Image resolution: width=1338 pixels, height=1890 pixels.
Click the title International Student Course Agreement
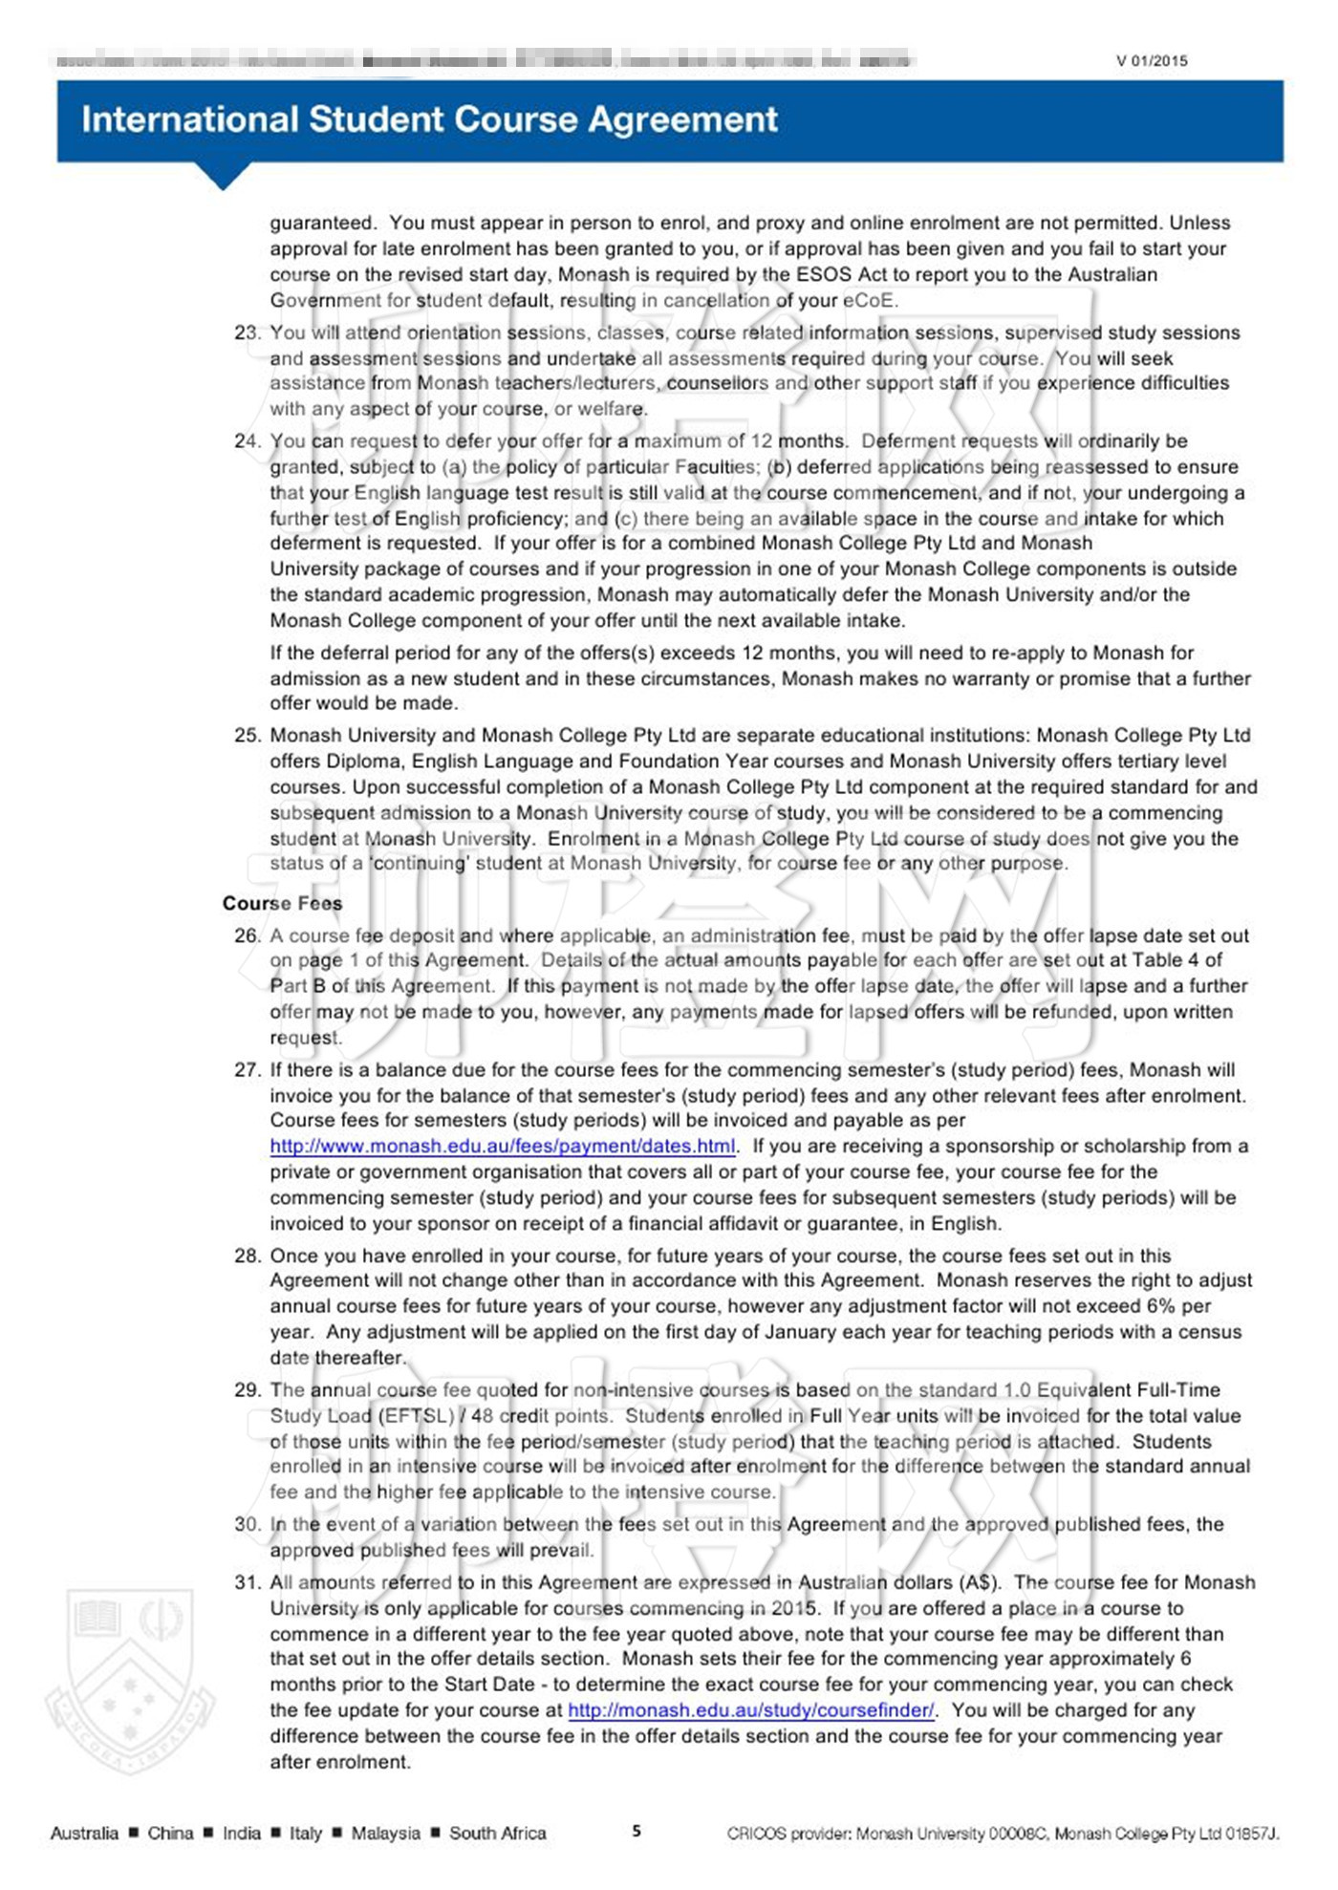point(429,119)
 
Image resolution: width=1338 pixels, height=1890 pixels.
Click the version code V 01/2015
point(1152,61)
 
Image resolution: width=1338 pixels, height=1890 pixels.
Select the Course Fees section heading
point(282,903)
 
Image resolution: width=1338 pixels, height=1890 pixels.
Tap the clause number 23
point(247,333)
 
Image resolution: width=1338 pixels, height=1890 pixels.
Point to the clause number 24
point(247,441)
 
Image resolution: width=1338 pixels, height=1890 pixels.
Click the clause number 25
point(247,736)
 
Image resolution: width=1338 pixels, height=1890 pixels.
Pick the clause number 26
point(247,935)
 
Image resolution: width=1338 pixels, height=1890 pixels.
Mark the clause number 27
point(247,1070)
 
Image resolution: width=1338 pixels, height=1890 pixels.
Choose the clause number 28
point(247,1256)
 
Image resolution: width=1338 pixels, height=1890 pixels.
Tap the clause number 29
point(247,1390)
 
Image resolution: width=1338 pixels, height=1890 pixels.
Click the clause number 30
point(247,1524)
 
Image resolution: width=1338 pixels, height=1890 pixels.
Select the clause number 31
point(247,1582)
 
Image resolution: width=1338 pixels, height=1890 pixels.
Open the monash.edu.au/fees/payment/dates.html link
point(503,1147)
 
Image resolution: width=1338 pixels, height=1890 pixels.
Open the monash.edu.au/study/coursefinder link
point(751,1710)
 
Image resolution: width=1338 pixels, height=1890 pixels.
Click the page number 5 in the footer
point(637,1832)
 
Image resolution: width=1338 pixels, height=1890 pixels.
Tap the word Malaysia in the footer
point(385,1833)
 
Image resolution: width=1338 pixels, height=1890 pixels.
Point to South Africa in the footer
point(497,1833)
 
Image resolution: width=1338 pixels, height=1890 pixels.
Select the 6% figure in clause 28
point(1160,1306)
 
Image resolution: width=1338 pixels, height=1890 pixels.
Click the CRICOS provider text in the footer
point(1003,1833)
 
